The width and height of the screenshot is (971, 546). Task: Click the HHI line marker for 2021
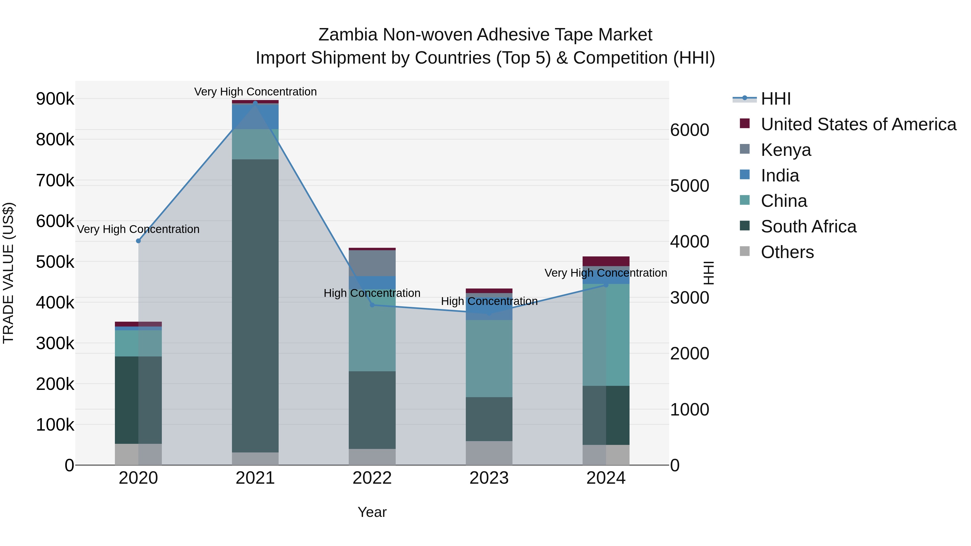click(255, 103)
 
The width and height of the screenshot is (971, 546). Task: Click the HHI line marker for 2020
click(138, 241)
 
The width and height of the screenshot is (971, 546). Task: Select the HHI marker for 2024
click(606, 285)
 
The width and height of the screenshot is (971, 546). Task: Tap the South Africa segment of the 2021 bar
click(255, 305)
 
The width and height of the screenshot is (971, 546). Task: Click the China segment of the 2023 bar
click(489, 358)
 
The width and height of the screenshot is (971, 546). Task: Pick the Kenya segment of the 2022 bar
click(372, 263)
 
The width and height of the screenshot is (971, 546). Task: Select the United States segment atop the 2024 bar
click(606, 261)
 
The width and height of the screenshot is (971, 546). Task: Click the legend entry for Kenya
click(785, 150)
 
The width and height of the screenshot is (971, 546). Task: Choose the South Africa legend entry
click(808, 226)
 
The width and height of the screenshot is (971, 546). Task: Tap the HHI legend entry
click(775, 99)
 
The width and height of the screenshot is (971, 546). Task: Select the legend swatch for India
click(745, 175)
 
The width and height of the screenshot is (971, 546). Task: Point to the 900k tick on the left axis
click(55, 99)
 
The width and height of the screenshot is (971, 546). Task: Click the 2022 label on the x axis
click(372, 478)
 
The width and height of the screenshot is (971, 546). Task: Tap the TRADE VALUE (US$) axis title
click(9, 273)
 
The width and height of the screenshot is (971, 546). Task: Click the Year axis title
click(372, 512)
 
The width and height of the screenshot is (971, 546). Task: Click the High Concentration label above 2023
click(489, 301)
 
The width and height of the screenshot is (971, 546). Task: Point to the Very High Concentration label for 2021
click(255, 92)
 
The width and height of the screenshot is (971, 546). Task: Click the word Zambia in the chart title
click(348, 35)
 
